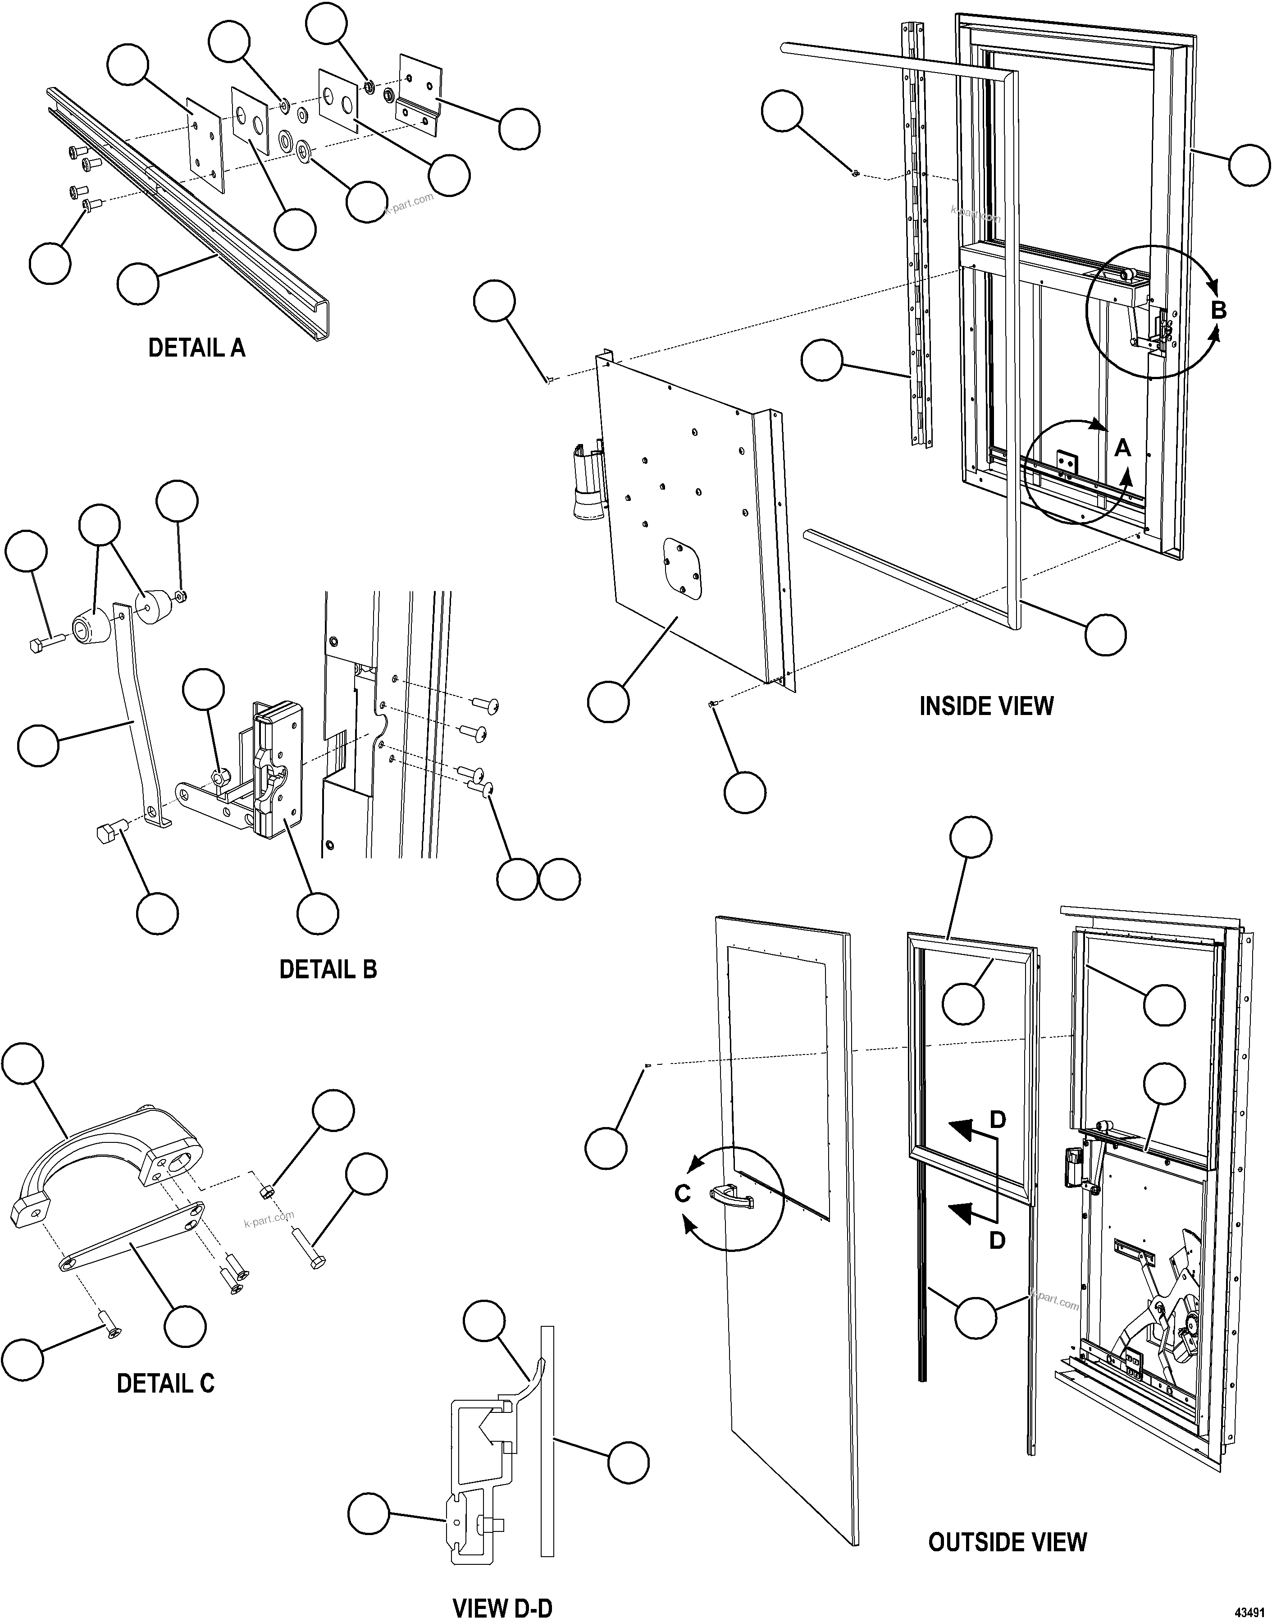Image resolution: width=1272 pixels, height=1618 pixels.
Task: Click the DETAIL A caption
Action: pyautogui.click(x=196, y=348)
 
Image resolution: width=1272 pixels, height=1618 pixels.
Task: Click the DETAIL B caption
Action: pyautogui.click(x=328, y=969)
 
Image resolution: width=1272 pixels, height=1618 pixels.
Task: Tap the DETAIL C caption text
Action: pyautogui.click(x=165, y=1383)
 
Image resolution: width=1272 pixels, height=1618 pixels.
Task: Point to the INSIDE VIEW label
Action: pyautogui.click(x=986, y=706)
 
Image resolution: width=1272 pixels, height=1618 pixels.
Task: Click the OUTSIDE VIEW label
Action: pyautogui.click(x=1007, y=1541)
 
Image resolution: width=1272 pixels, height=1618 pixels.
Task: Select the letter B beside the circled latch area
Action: pyautogui.click(x=1218, y=310)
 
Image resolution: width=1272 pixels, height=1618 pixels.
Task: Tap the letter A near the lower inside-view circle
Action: pyautogui.click(x=1122, y=448)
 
